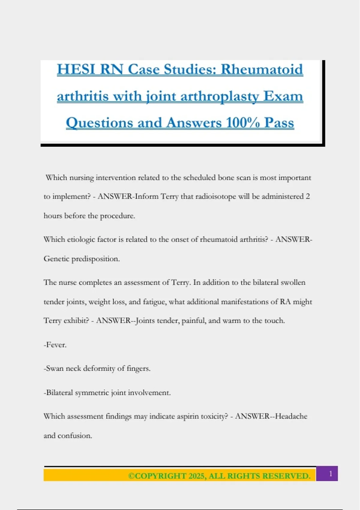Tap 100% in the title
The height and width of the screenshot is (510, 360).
coord(243,123)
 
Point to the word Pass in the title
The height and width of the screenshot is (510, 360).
coord(279,123)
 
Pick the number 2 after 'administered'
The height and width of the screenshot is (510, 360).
coord(307,196)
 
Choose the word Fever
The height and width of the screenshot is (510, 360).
coord(56,345)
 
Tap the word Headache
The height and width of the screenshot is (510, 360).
coord(291,416)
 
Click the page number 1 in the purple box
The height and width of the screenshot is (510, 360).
coord(331,474)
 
